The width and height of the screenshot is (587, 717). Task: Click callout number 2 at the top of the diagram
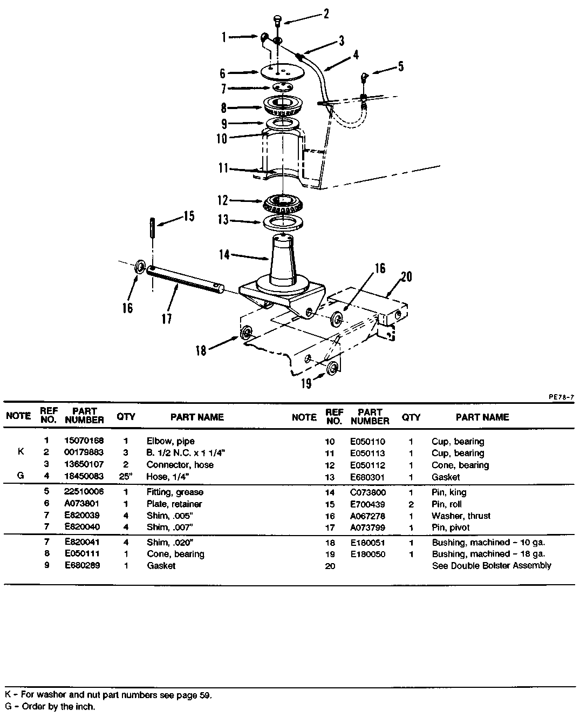pos(326,13)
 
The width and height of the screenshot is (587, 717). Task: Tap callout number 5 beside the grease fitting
pos(401,66)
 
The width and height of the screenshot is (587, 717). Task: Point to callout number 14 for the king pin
pos(224,254)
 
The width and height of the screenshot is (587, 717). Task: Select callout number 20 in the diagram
pos(406,277)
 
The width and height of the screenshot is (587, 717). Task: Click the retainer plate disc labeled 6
pos(283,72)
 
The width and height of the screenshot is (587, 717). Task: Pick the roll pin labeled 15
pos(153,228)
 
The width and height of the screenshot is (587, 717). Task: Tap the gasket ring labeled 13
pos(283,222)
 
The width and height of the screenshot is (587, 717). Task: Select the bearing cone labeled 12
pos(283,204)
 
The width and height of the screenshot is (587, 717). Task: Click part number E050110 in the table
pos(367,442)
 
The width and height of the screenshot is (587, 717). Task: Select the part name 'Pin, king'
pos(449,492)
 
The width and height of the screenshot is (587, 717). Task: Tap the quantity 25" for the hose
pos(126,476)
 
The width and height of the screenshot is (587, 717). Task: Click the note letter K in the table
pos(21,451)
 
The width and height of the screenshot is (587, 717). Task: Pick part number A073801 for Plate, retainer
pos(81,503)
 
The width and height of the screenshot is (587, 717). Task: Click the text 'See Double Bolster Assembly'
pos(491,565)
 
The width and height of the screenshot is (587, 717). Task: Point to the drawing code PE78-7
pos(562,397)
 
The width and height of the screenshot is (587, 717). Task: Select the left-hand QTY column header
pos(126,416)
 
